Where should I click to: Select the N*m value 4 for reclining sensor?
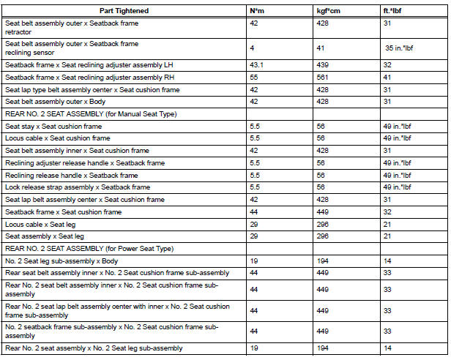click(253, 49)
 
